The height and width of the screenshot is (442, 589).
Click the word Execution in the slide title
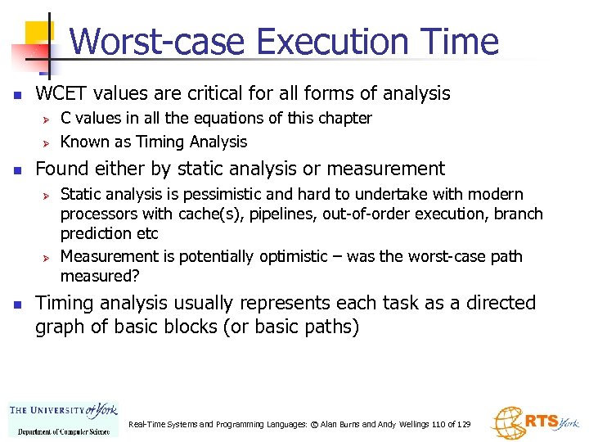(x=342, y=42)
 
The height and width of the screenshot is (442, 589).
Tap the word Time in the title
(x=461, y=42)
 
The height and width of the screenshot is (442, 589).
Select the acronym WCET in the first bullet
(x=60, y=93)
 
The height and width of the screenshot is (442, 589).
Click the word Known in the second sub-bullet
(x=83, y=142)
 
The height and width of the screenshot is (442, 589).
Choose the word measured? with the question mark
(x=97, y=276)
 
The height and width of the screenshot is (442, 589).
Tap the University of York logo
(x=63, y=417)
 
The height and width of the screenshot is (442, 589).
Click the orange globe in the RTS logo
(x=507, y=422)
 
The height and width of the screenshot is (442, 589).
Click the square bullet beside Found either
(x=16, y=170)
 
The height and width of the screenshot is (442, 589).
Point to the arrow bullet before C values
(x=47, y=120)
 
